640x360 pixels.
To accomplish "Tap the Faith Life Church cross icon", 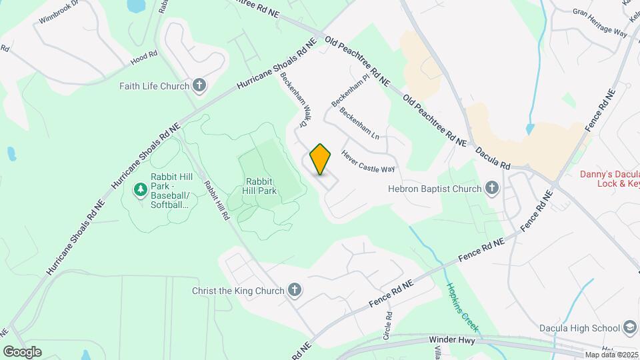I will point(199,85).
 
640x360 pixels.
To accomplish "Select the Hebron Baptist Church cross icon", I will point(492,189).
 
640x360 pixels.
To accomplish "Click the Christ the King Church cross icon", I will point(295,290).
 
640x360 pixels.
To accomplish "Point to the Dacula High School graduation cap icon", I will point(630,327).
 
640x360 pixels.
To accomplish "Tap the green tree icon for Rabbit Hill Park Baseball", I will point(140,190).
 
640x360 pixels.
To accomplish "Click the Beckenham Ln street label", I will point(359,123).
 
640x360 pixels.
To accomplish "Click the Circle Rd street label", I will point(387,325).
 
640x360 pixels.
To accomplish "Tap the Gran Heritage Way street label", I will point(599,22).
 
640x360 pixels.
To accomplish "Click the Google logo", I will point(22,352).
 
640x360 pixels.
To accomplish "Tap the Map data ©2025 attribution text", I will point(611,355).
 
